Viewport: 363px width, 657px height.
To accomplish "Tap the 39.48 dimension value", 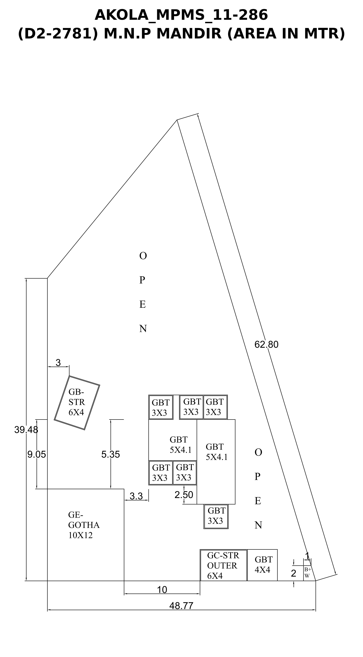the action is (x=26, y=430).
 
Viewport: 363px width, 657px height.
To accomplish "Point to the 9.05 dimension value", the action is (x=37, y=454).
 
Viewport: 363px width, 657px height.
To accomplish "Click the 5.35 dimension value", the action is (x=111, y=454).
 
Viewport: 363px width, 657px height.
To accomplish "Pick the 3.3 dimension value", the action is (x=136, y=496).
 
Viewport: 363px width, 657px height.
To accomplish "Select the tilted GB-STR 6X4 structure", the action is (x=77, y=403).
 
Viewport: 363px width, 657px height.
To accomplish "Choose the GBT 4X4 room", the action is (x=262, y=565).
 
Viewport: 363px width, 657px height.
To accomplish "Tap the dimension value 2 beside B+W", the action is (x=294, y=573).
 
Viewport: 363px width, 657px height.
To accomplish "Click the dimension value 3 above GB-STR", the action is (x=58, y=362).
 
